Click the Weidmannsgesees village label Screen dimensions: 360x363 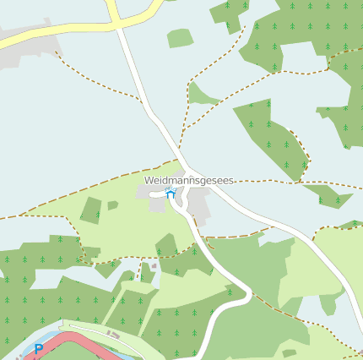coord(188,181)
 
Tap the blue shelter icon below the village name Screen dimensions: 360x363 coord(170,194)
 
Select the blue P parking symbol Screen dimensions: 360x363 coord(38,349)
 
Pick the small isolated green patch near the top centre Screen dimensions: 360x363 coord(180,38)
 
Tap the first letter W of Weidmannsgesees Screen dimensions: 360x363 coord(149,181)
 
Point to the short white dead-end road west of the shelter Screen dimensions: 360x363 coord(156,194)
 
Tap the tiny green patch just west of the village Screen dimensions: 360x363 coord(112,205)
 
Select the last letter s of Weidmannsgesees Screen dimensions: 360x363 coord(230,181)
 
